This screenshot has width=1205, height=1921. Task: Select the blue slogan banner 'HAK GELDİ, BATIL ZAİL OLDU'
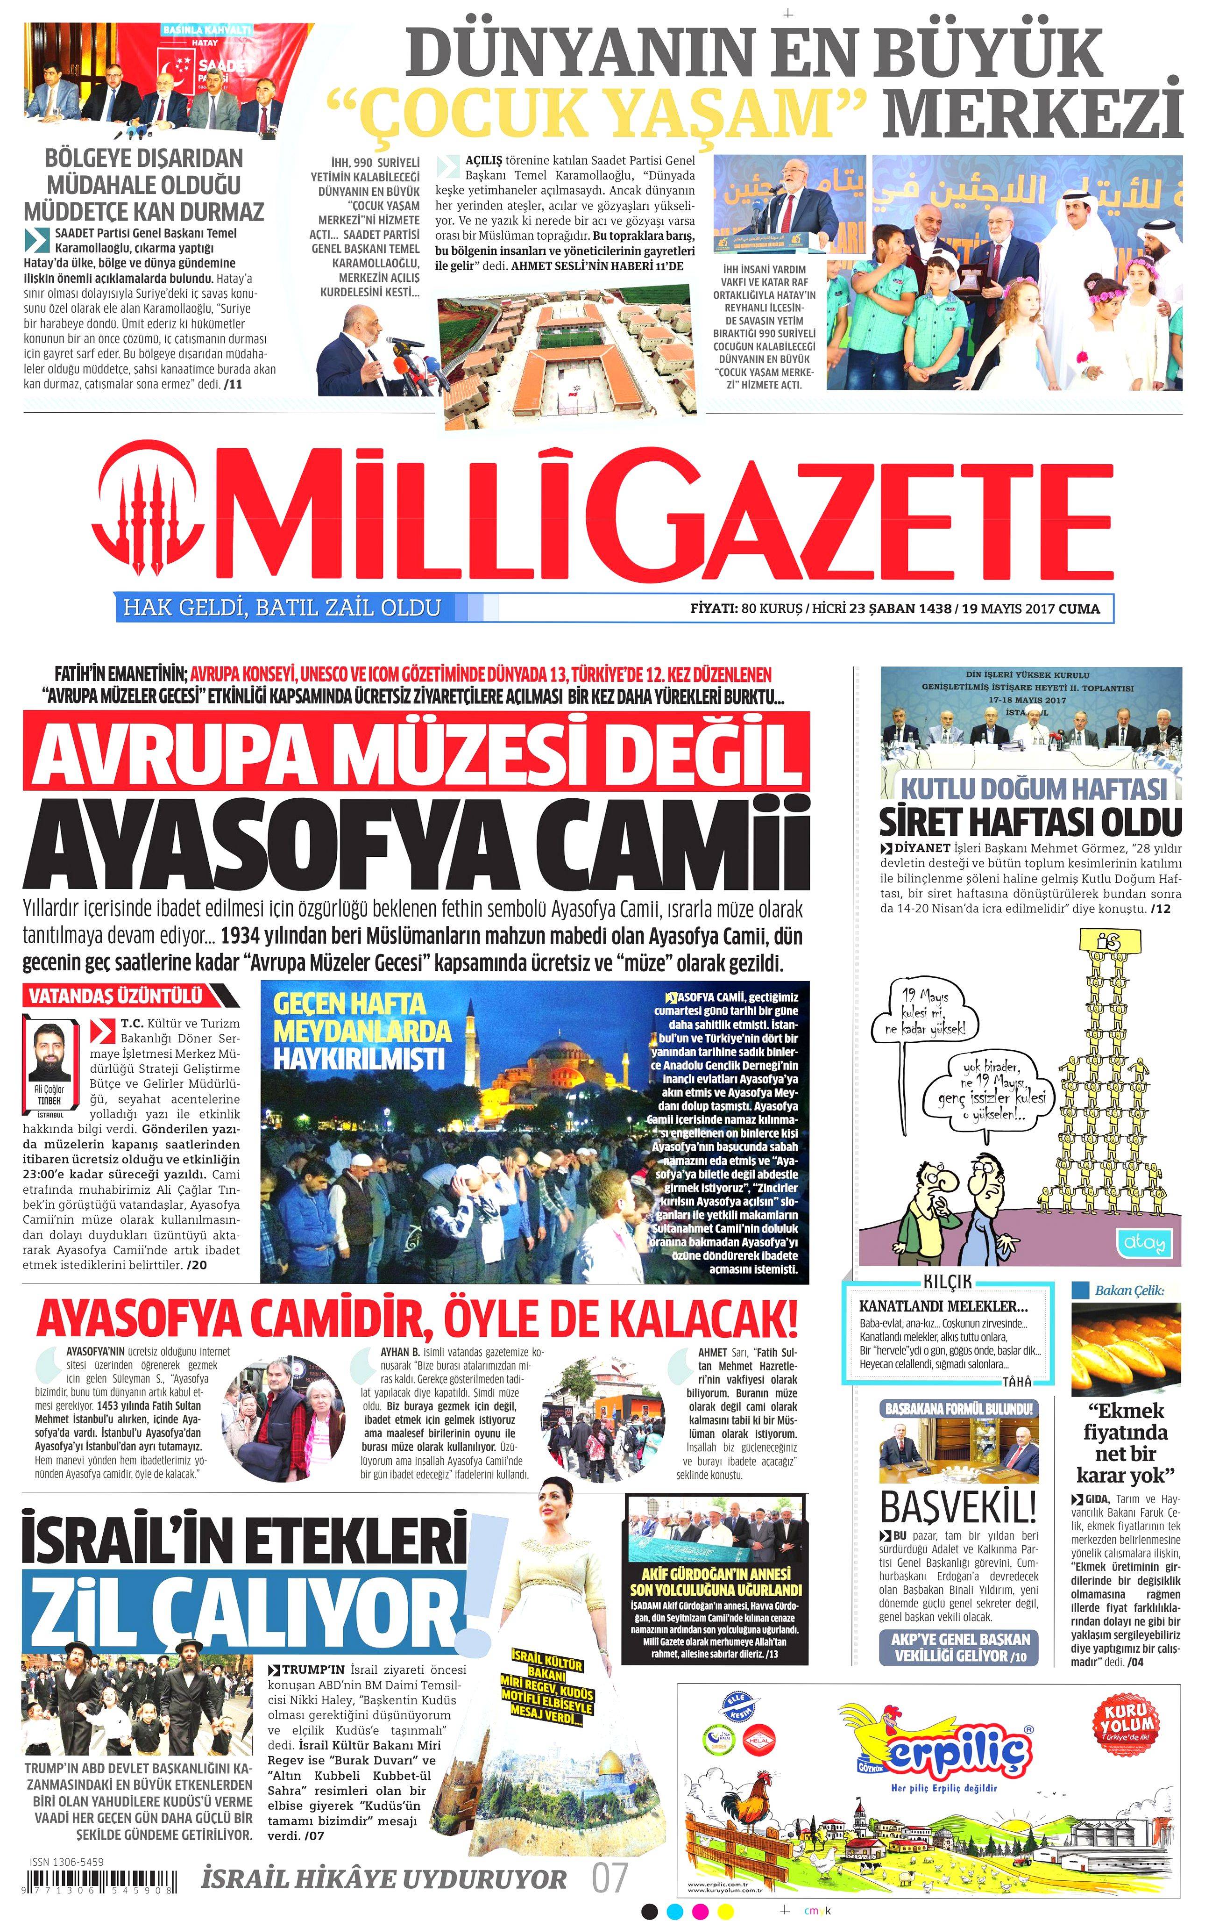[x=281, y=608]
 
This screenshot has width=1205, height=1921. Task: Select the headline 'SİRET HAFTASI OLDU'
[x=1030, y=821]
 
